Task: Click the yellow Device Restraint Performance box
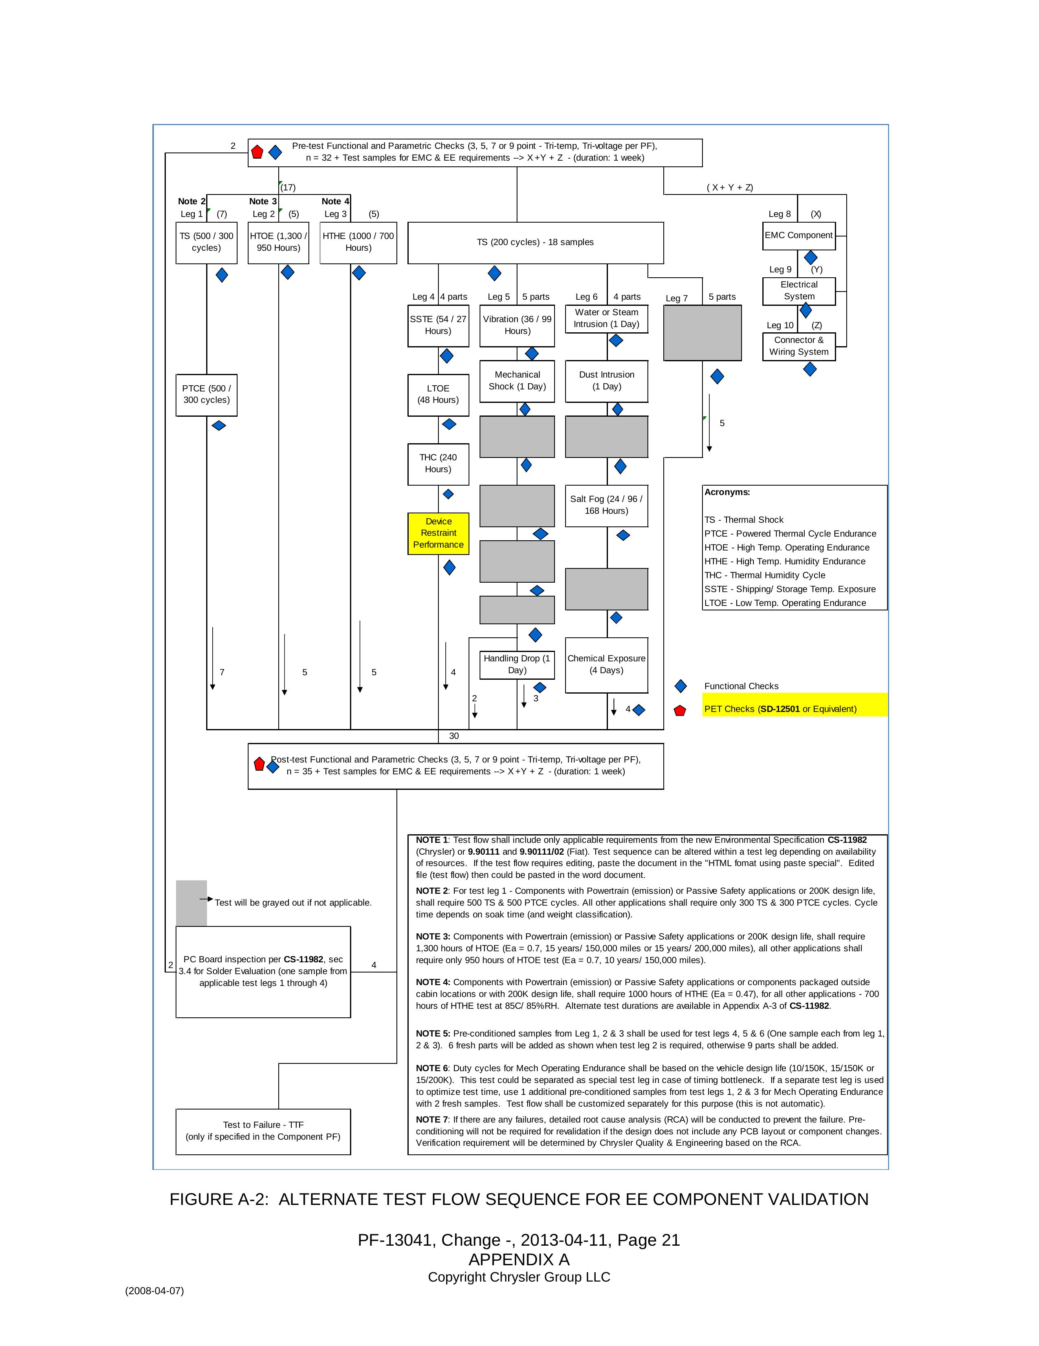[x=438, y=533]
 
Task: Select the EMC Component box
[x=798, y=235]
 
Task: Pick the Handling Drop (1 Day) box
[x=517, y=664]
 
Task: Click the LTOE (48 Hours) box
[x=438, y=394]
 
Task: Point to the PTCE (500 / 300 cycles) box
[x=206, y=394]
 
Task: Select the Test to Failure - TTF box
[x=263, y=1131]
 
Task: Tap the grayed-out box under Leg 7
[x=702, y=333]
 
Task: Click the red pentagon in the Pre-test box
[x=257, y=152]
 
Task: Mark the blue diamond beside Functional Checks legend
[x=680, y=686]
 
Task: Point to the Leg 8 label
[x=779, y=214]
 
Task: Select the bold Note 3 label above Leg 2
[x=263, y=201]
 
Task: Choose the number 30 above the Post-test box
[x=454, y=736]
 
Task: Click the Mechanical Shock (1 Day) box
[x=517, y=381]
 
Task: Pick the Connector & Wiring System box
[x=798, y=346]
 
